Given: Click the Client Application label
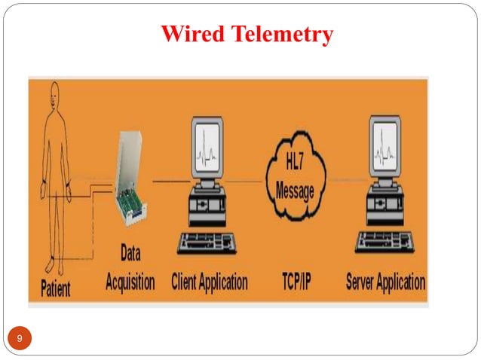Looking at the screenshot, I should pos(209,282).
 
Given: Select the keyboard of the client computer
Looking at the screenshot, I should pos(205,243).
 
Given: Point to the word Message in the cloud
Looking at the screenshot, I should pos(295,191).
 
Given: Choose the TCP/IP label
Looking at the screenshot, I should pos(295,283).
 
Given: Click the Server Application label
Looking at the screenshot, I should pos(384,282).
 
